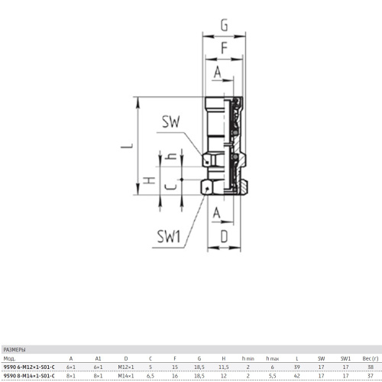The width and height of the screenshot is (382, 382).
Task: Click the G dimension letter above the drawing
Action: click(225, 25)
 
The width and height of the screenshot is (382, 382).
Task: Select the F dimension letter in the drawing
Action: click(224, 48)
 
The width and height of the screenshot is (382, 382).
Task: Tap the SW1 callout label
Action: click(169, 236)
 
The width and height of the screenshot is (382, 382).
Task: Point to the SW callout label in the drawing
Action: click(171, 121)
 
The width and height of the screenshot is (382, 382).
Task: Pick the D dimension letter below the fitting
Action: click(224, 237)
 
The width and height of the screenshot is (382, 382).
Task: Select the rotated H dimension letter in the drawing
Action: click(149, 180)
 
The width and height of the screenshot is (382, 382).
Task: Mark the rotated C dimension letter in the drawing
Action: click(170, 187)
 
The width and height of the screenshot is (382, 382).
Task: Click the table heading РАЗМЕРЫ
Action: click(15, 350)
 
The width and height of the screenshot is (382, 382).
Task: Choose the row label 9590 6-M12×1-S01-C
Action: click(29, 367)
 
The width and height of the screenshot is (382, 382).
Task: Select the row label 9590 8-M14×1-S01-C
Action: click(29, 376)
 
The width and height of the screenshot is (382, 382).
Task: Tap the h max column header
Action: click(273, 358)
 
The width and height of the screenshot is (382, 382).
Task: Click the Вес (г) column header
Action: click(371, 358)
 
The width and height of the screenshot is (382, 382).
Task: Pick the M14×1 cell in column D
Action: click(126, 376)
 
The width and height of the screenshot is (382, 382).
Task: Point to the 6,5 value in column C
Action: click(151, 376)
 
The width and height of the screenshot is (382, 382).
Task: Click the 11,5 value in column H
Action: click(224, 367)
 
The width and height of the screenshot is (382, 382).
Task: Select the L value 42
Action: click(297, 376)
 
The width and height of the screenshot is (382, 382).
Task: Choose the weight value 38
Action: click(371, 367)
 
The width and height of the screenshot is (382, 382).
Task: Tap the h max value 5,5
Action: click(273, 376)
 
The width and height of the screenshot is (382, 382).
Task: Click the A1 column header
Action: click(98, 358)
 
